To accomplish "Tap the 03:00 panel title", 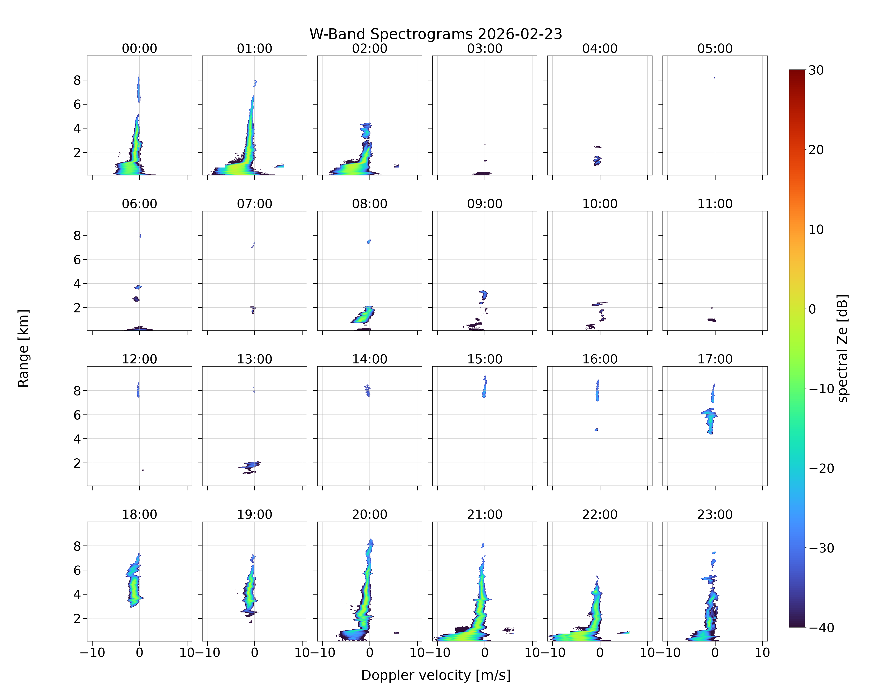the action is click(485, 49).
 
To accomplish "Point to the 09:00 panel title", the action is click(485, 204).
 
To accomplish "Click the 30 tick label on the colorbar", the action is click(816, 70).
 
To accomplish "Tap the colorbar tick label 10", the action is click(816, 230).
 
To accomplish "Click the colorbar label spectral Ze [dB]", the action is click(842, 348).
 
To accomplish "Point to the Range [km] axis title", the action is click(23, 348).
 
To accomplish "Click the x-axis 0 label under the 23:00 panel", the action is click(715, 653).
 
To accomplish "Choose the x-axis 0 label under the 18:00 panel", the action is click(140, 653).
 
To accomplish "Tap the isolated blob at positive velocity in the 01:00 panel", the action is click(279, 166).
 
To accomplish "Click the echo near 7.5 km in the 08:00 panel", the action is click(369, 242).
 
